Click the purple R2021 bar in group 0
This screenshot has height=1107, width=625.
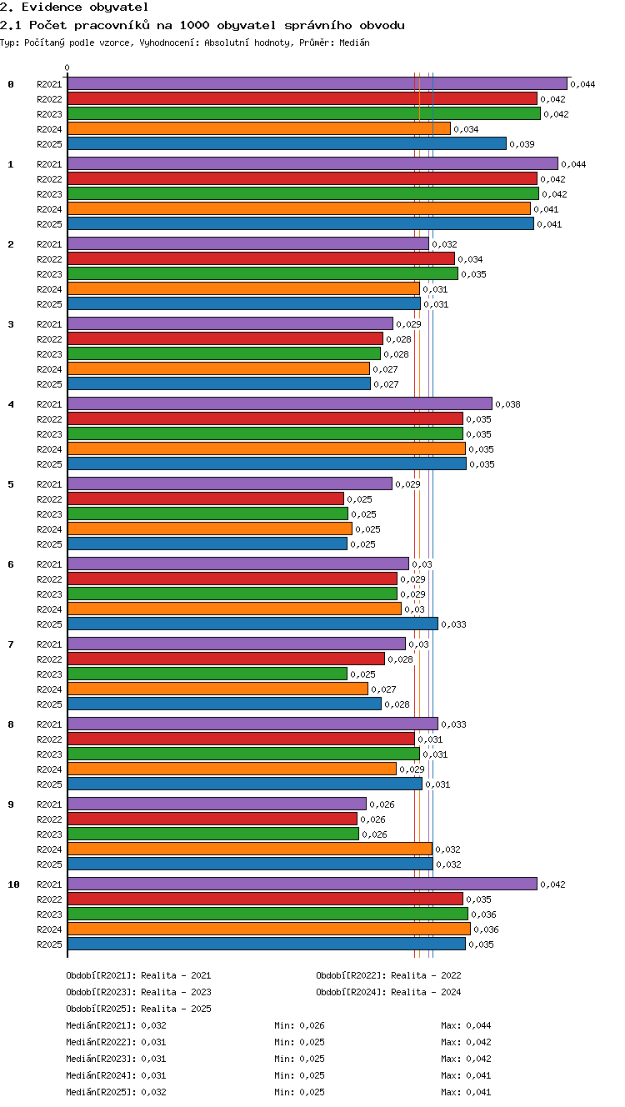pos(317,83)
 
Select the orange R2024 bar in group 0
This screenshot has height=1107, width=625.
pos(259,128)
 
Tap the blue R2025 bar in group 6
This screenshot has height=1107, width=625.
pos(252,624)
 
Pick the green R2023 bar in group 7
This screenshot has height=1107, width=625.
pos(207,674)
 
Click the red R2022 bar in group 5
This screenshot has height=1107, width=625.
pos(206,498)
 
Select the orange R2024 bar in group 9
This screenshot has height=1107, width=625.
pos(250,849)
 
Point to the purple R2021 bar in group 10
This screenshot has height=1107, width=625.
pos(302,884)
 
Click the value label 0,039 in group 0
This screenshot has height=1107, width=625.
pos(522,144)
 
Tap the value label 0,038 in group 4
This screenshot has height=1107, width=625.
pos(507,404)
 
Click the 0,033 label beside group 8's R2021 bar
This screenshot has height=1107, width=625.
pos(453,724)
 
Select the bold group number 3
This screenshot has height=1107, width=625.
pos(11,324)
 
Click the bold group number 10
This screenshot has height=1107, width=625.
pos(13,884)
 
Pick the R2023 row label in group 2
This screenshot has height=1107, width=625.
pos(49,274)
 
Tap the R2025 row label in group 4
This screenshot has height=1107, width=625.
pos(49,464)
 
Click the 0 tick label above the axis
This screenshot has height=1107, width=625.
pos(67,68)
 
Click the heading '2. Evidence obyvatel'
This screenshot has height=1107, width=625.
pos(74,8)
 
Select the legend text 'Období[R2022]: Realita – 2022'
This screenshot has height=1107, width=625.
pos(388,975)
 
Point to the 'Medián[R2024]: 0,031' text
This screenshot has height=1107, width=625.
pos(116,1075)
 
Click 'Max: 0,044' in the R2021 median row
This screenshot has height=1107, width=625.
pos(466,1025)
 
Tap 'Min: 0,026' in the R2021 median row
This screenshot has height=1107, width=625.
pos(299,1025)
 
